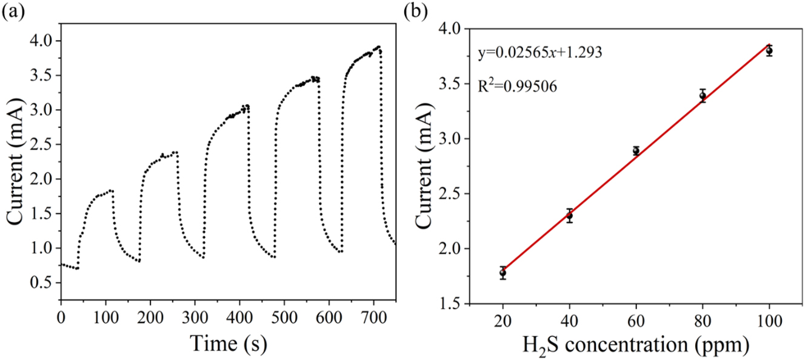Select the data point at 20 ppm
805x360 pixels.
503,273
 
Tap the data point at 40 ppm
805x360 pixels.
569,215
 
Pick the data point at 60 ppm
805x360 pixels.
636,151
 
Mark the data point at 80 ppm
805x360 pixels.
703,95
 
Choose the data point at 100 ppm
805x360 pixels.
769,51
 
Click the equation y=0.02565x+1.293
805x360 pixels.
539,52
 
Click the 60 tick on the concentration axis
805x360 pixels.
636,320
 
